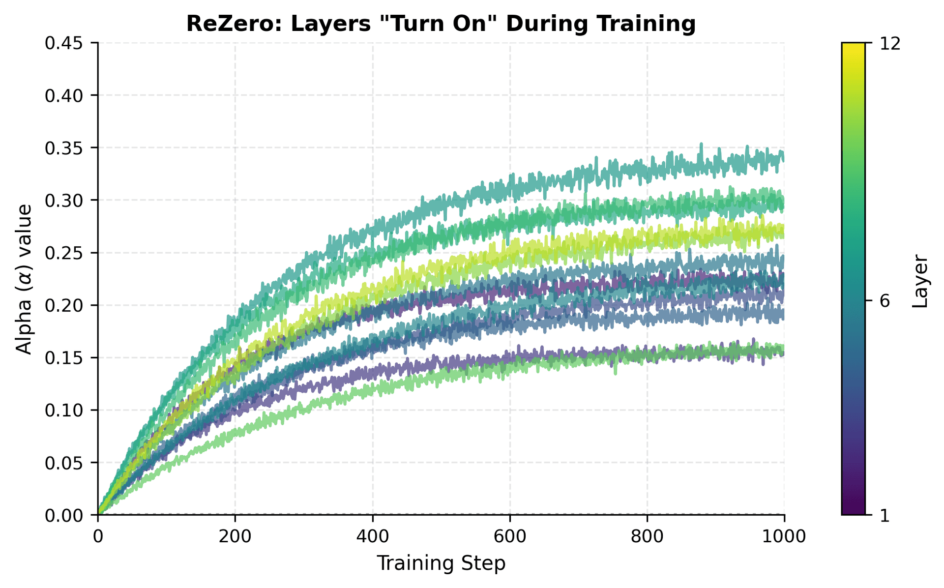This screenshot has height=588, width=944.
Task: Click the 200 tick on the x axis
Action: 235,536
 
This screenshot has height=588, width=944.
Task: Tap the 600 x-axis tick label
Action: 510,536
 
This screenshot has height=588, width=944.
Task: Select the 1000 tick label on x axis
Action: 784,536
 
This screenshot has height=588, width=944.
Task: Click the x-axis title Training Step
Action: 441,563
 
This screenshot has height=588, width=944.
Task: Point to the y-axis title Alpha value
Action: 24,279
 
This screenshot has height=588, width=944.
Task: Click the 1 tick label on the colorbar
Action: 884,515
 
